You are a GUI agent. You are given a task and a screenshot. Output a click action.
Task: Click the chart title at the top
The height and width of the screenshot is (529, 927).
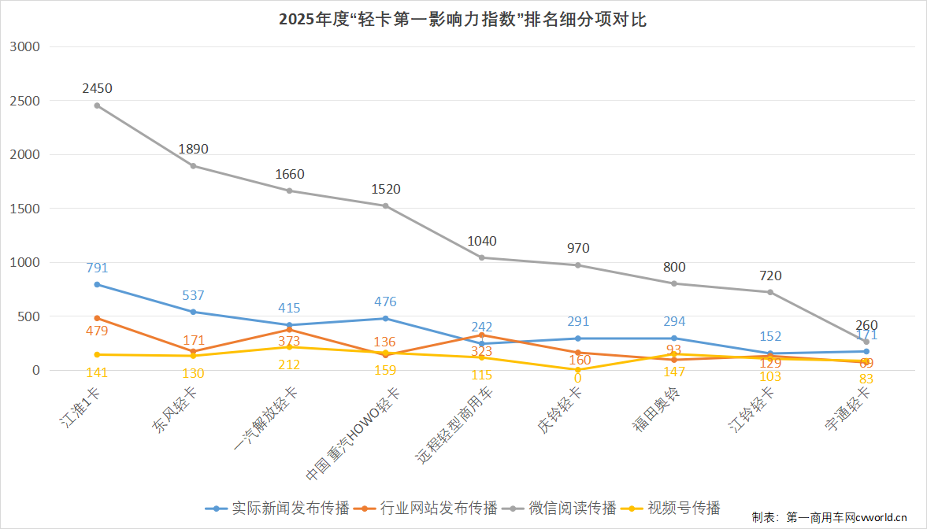click(x=463, y=20)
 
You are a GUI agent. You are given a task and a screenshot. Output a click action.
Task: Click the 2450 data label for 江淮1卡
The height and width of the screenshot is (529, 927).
click(x=97, y=88)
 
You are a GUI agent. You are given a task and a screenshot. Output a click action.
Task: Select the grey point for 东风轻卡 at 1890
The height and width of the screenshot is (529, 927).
click(x=193, y=165)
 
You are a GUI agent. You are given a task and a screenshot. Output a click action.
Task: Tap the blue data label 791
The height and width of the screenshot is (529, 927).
click(x=97, y=268)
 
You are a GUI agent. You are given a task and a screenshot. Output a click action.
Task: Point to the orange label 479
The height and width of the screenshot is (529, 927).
click(x=97, y=331)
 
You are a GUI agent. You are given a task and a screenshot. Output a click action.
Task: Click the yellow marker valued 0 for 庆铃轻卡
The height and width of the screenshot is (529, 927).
click(x=577, y=369)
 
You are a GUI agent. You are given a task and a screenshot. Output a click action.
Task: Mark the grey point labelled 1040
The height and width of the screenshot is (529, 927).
click(x=481, y=257)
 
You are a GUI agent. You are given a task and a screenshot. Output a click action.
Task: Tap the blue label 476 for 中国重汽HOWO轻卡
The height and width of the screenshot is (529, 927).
click(x=385, y=301)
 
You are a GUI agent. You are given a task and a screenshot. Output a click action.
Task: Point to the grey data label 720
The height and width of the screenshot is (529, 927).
click(x=769, y=276)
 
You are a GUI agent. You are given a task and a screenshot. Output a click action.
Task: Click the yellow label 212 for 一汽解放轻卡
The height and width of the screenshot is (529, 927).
click(x=289, y=364)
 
